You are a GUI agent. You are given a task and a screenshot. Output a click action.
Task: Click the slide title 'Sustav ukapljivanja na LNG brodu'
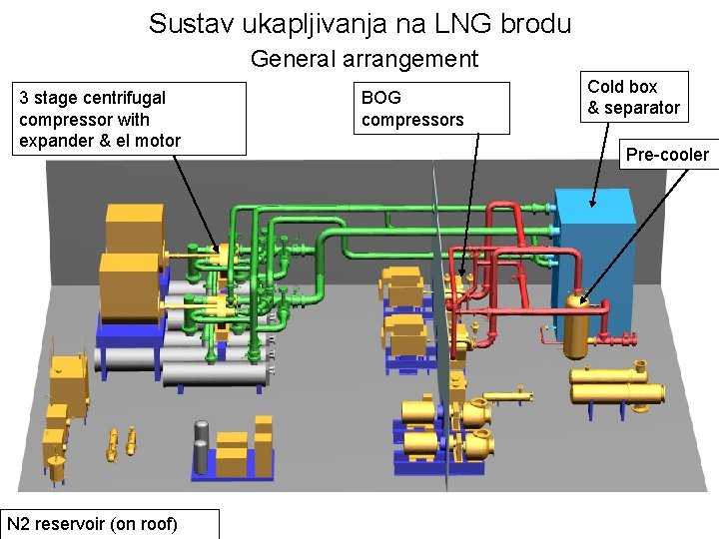tap(359, 23)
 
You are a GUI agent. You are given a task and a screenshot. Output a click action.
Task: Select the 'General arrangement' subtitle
tap(364, 59)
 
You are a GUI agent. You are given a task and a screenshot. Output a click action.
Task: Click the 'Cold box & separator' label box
tap(633, 98)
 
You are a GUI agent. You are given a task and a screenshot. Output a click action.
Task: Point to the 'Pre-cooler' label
tap(666, 154)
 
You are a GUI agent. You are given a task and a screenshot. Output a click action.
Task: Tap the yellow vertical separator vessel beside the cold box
tap(574, 324)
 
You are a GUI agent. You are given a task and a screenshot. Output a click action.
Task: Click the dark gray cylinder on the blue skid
tap(201, 444)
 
